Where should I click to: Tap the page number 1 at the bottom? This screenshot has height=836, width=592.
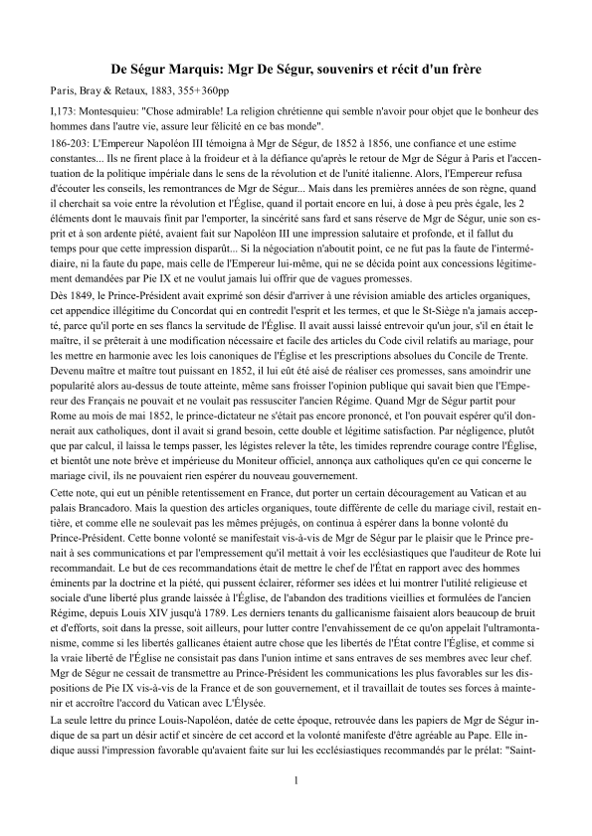(x=296, y=780)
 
